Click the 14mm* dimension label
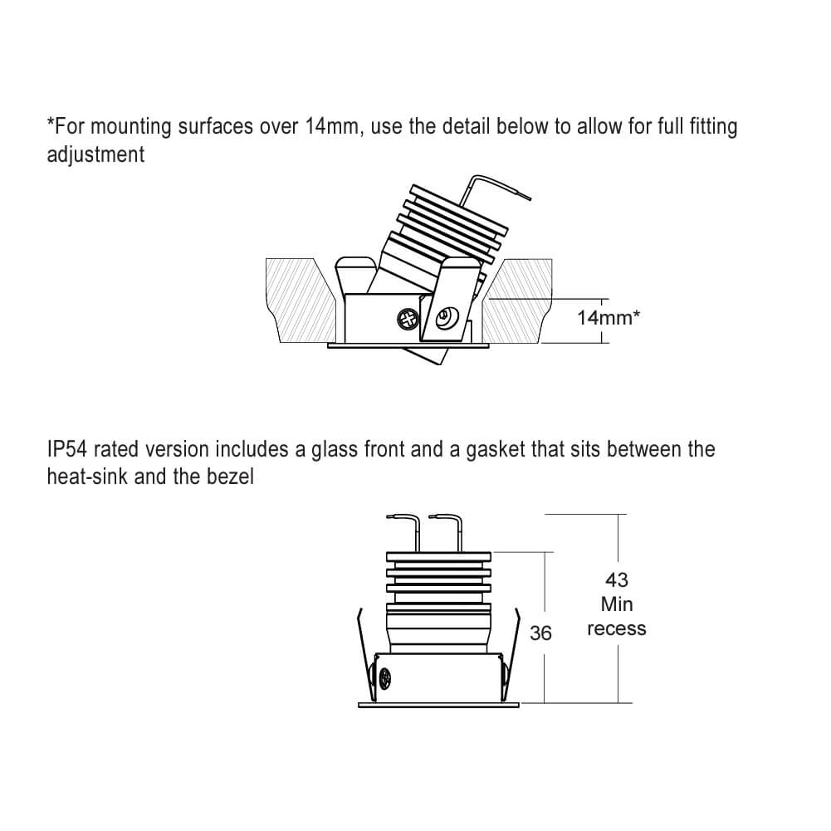609,317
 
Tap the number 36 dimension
540,633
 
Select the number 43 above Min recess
616,579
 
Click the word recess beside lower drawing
616,628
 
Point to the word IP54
67,449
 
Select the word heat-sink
87,477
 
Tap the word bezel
230,477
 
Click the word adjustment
95,154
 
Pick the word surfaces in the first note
215,127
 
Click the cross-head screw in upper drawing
408,319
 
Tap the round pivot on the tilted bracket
443,319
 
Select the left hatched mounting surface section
301,300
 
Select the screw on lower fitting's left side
384,678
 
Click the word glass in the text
335,450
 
